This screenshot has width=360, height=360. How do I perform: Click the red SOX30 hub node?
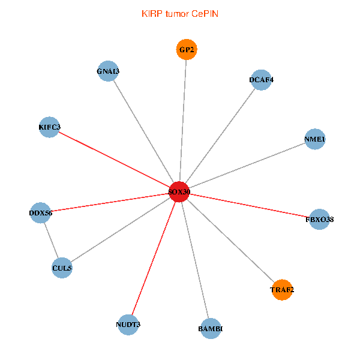(179, 192)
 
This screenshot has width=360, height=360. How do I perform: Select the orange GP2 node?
(187, 50)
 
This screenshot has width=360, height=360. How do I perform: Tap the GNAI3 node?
(107, 71)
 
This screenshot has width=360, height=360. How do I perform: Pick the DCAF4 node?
(262, 80)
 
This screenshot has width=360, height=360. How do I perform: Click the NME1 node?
(315, 140)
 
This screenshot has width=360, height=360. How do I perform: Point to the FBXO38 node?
(319, 220)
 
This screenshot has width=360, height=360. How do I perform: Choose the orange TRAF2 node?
(282, 290)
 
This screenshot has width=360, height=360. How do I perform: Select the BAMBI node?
(210, 329)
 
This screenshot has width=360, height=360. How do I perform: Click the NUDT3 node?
(128, 325)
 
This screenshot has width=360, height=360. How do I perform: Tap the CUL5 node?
(62, 268)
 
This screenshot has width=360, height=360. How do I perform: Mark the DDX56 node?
(40, 212)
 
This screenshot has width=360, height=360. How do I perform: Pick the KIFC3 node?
(49, 127)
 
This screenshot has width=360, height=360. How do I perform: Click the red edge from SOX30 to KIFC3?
(114, 160)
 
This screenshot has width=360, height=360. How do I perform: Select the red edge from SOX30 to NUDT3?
(154, 259)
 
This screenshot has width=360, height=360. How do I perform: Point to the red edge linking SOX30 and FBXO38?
(249, 206)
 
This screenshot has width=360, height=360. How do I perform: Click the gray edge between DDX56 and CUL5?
(51, 240)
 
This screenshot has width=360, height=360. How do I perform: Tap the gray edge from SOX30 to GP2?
(183, 120)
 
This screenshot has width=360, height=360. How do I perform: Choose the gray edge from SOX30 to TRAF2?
(231, 241)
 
